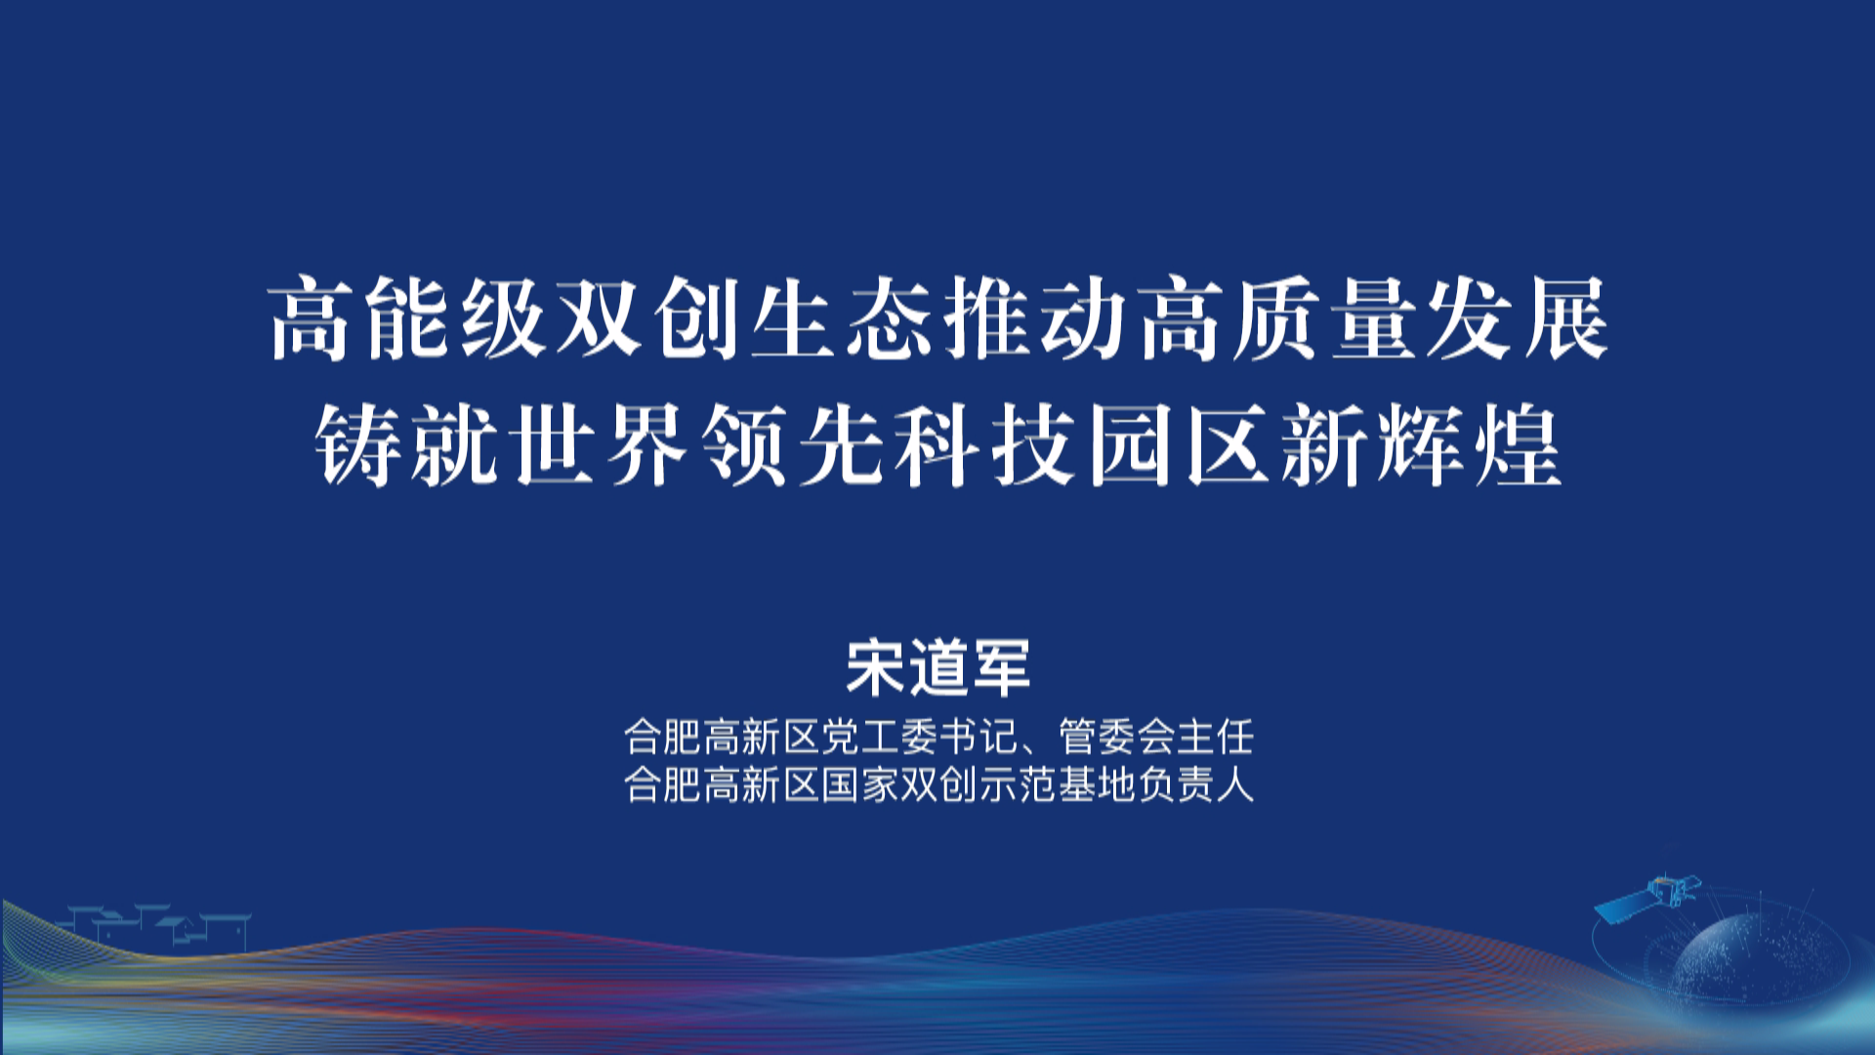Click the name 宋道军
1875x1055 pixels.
[x=937, y=668]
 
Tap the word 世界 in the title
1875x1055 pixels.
[x=600, y=446]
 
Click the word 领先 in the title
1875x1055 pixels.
[x=793, y=446]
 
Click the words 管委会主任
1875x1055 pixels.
[x=1155, y=738]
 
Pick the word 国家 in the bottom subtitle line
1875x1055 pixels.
[x=858, y=784]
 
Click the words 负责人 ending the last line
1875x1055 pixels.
[x=1195, y=784]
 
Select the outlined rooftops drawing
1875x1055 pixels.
[x=156, y=927]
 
